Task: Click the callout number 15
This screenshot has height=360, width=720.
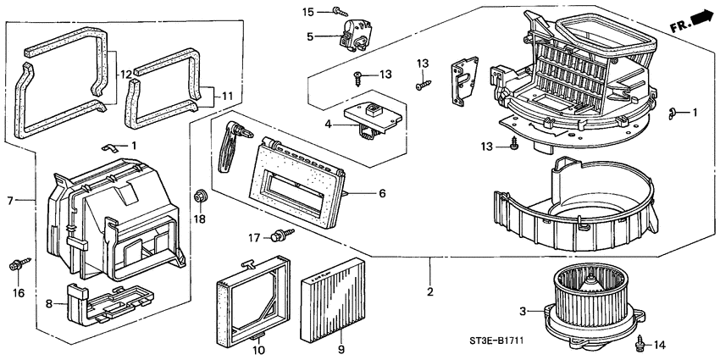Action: point(309,11)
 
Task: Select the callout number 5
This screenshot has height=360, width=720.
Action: point(310,36)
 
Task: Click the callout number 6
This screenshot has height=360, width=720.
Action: point(382,194)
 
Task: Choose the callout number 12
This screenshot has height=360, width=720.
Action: point(125,75)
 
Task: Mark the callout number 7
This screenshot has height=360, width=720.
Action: point(11,200)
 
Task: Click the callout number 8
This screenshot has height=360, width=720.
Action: point(49,303)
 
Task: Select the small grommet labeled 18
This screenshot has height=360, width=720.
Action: point(202,197)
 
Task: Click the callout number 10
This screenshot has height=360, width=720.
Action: point(259,349)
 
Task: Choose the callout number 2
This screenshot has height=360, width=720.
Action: point(429,292)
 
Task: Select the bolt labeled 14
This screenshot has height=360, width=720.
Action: point(640,343)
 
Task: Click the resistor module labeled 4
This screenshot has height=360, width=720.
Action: point(371,114)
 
